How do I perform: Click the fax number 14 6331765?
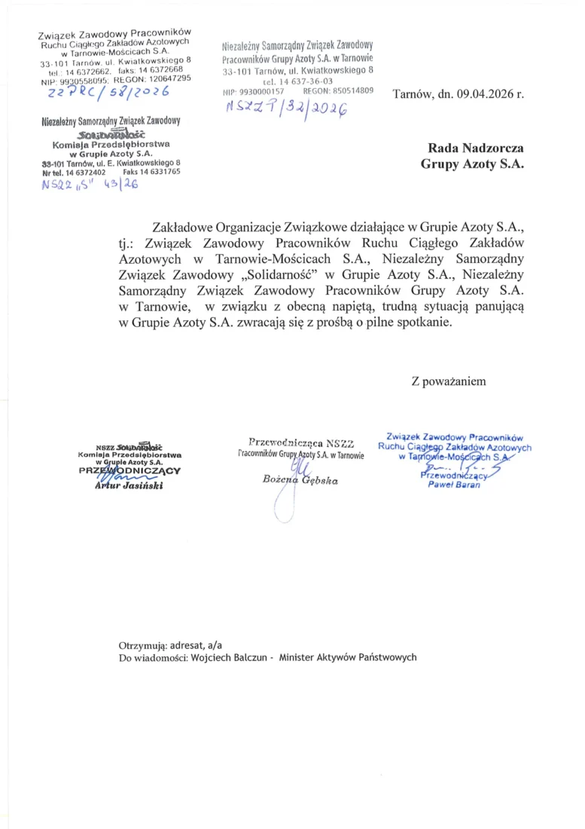click(x=158, y=172)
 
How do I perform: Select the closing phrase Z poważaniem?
click(x=448, y=381)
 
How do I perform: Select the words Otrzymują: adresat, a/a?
click(x=170, y=645)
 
